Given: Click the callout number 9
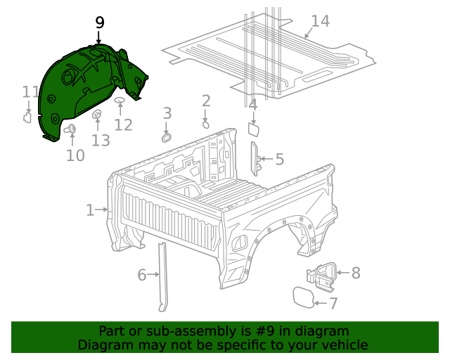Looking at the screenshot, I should pyautogui.click(x=100, y=22).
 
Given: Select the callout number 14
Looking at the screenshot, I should pyautogui.click(x=319, y=21).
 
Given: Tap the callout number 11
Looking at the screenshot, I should pyautogui.click(x=30, y=92).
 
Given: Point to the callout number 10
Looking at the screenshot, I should pyautogui.click(x=75, y=155).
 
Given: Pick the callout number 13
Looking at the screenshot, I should pyautogui.click(x=101, y=141).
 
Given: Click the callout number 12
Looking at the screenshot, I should pyautogui.click(x=123, y=125).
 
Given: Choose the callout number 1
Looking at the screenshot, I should pyautogui.click(x=90, y=210).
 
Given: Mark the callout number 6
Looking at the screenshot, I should pyautogui.click(x=141, y=275).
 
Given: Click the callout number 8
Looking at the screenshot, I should pyautogui.click(x=355, y=272).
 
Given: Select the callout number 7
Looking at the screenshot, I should pyautogui.click(x=333, y=304).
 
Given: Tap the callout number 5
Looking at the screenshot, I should pyautogui.click(x=279, y=160).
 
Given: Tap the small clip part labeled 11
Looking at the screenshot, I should pyautogui.click(x=27, y=117).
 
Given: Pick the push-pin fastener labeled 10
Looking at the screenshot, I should pyautogui.click(x=71, y=129).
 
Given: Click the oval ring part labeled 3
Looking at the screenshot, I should pyautogui.click(x=167, y=136).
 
